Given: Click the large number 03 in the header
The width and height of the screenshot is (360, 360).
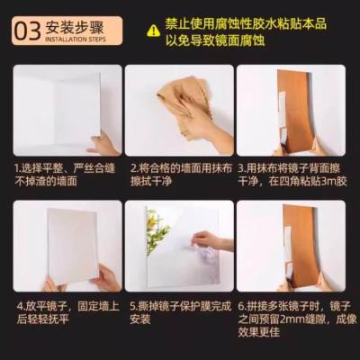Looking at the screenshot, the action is pyautogui.click(x=28, y=31).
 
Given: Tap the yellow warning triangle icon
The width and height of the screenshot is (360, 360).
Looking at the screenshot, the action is pyautogui.click(x=153, y=31).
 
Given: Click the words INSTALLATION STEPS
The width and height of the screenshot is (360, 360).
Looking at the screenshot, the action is pyautogui.click(x=76, y=40).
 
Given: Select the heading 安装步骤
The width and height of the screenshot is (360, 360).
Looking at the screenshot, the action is pyautogui.click(x=75, y=27).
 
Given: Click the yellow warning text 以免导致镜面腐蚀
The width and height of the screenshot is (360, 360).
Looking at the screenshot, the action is pyautogui.click(x=215, y=40).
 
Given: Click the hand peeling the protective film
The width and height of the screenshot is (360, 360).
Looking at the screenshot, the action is pyautogui.click(x=210, y=240).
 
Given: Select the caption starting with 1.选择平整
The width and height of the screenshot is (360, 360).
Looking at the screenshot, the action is pyautogui.click(x=65, y=175).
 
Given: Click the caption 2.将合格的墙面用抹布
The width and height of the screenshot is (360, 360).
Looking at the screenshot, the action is pyautogui.click(x=181, y=168).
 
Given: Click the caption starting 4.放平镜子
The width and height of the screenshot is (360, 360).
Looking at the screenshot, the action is pyautogui.click(x=68, y=312).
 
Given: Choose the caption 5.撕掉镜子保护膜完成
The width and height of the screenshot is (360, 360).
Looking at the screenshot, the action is pyautogui.click(x=181, y=307).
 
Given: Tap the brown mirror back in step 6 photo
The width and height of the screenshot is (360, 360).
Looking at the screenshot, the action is pyautogui.click(x=301, y=246).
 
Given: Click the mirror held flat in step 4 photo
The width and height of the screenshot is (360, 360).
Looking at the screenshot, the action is pyautogui.click(x=74, y=246).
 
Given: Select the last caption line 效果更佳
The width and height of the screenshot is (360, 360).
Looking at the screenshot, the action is pyautogui.click(x=259, y=332).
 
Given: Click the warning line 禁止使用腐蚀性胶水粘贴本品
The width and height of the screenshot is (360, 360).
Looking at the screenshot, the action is pyautogui.click(x=246, y=24).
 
